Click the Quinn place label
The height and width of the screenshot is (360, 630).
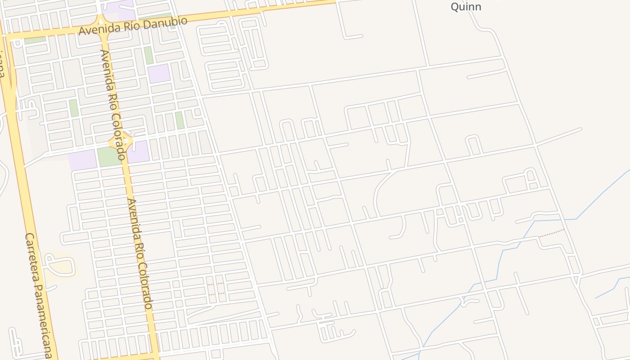tap(466, 7)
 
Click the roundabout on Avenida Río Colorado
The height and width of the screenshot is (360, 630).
tap(121, 142)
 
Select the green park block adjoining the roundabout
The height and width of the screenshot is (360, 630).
tap(108, 157)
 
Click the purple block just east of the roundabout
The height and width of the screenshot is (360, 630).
tap(138, 152)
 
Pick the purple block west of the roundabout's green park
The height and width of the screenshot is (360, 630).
tap(82, 160)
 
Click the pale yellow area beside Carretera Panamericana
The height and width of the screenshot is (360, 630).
tap(61, 266)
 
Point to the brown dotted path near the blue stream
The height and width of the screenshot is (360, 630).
tap(551, 233)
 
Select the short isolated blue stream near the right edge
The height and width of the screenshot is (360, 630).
tap(612, 288)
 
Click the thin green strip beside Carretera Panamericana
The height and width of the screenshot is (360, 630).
tap(35, 40)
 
